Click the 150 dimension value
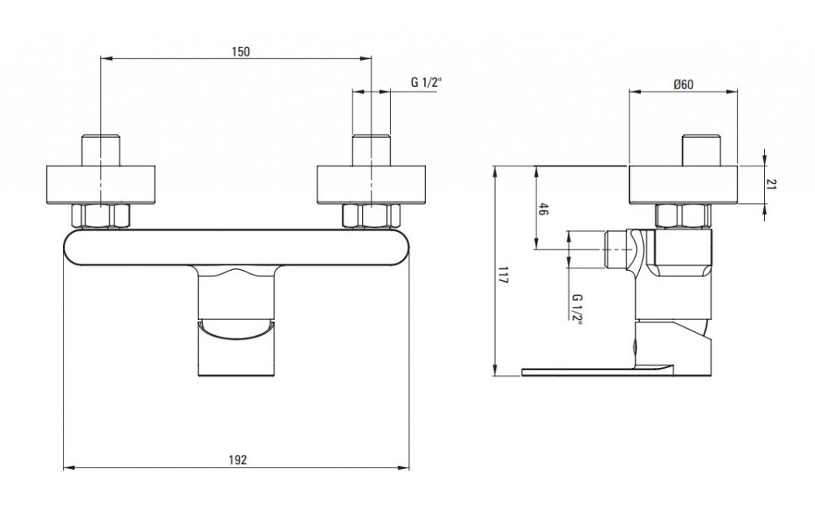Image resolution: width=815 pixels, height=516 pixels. [240, 52]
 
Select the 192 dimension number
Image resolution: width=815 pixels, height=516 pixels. [237, 459]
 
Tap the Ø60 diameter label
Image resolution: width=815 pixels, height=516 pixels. [683, 84]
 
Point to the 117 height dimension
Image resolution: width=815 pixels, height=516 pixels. [503, 274]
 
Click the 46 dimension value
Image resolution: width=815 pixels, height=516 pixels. [542, 209]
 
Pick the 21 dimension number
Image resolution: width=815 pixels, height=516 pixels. [771, 184]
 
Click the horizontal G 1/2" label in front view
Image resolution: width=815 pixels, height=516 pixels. [426, 82]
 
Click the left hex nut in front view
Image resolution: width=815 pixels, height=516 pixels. [100, 216]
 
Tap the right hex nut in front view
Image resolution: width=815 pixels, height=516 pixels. [371, 216]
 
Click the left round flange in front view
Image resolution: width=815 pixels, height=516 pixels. [101, 185]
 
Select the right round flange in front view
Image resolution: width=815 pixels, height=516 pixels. [371, 185]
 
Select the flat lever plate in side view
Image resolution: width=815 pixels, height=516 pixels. [598, 370]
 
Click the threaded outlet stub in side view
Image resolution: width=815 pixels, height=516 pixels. [617, 250]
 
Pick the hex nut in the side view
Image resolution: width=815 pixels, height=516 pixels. [683, 216]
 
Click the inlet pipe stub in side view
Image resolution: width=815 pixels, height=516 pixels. [701, 150]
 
